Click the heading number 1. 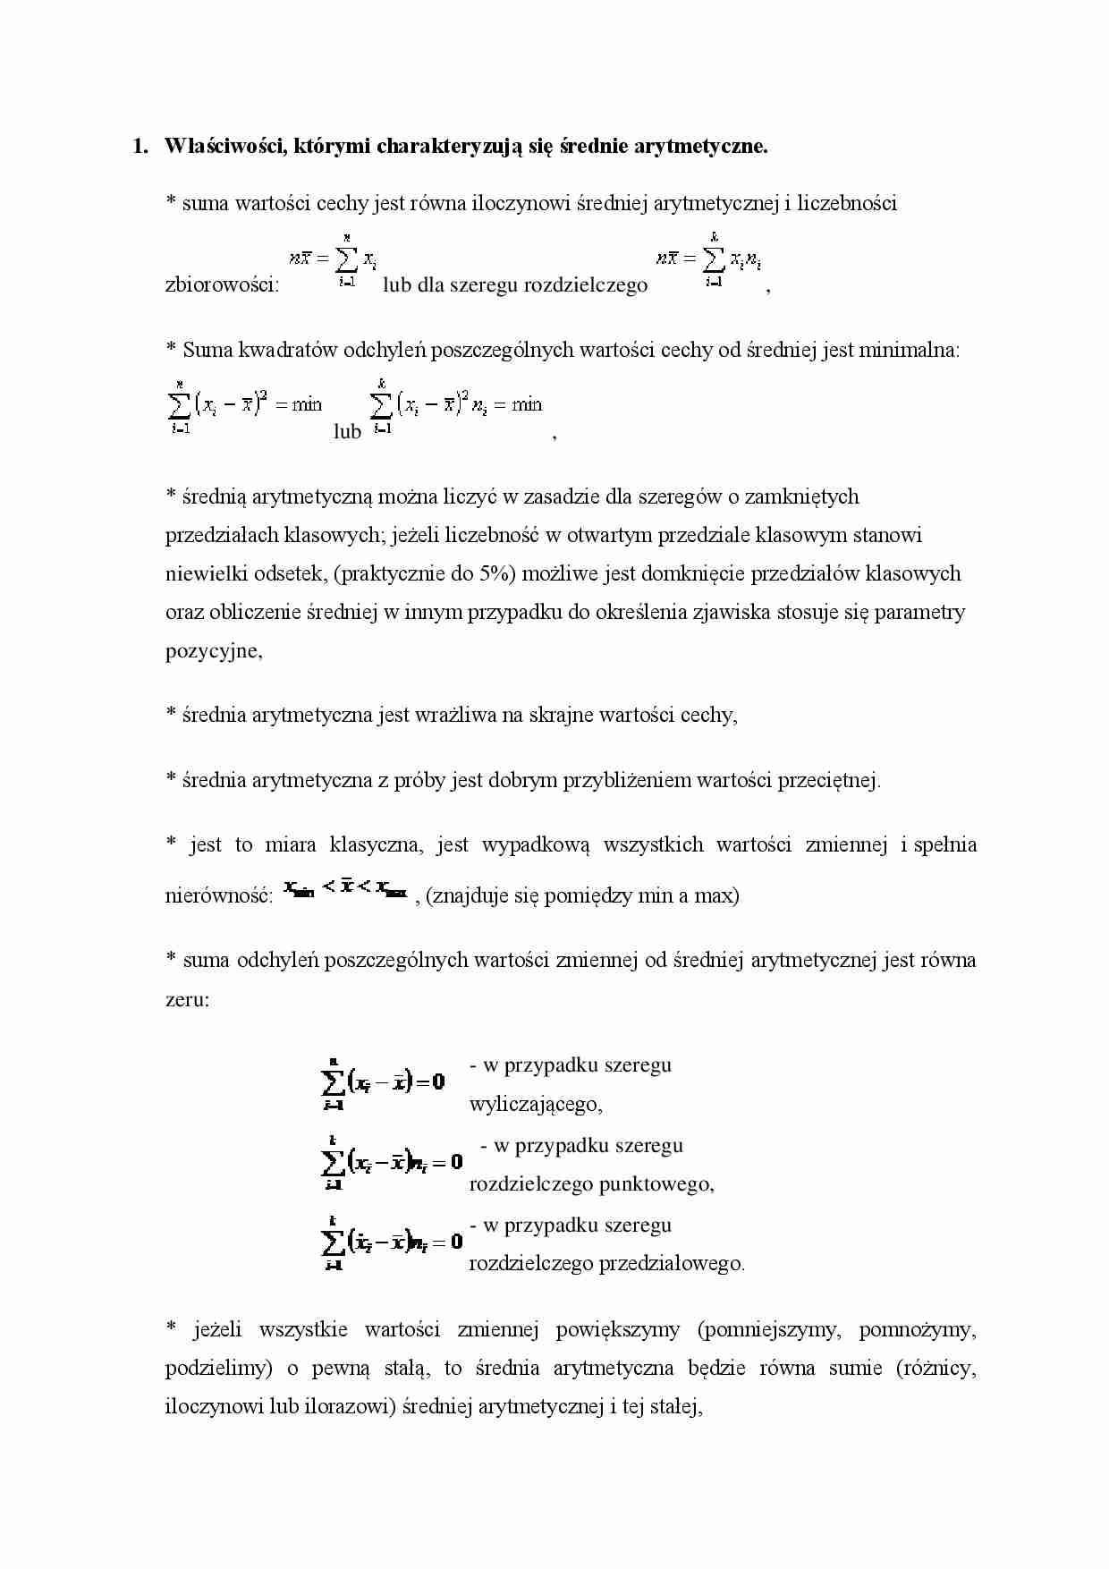pos(140,147)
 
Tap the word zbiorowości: pos(222,286)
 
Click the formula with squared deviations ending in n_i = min pos(455,407)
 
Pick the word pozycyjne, pos(214,650)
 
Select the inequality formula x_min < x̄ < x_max pos(345,890)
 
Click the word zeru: pos(187,999)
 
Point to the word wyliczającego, pos(536,1105)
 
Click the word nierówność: pos(219,895)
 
